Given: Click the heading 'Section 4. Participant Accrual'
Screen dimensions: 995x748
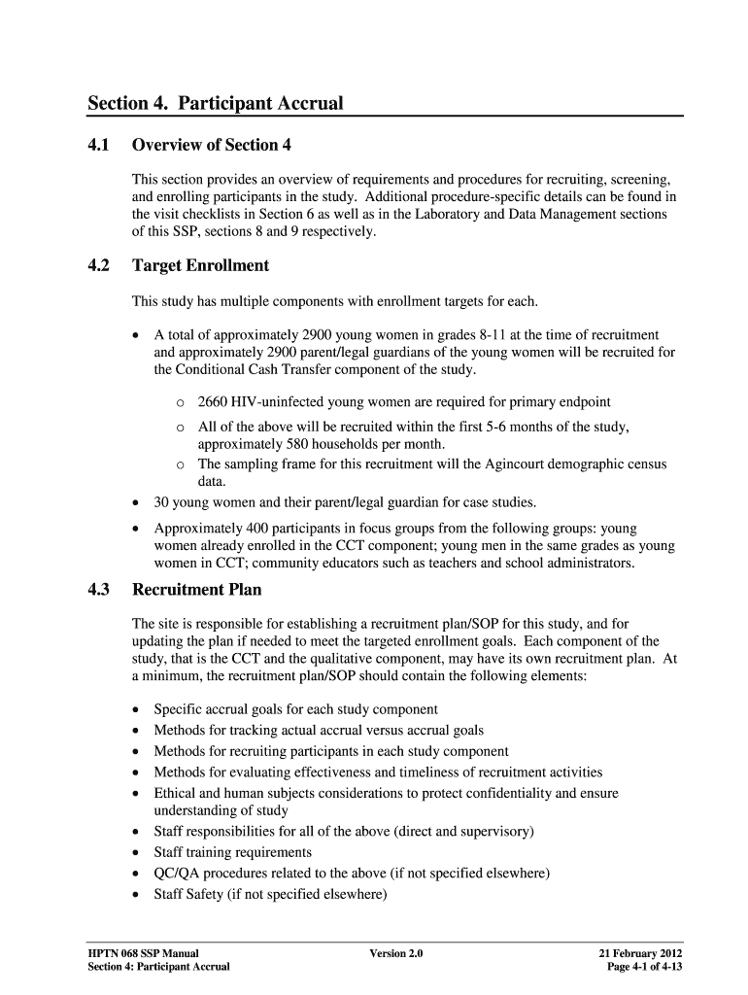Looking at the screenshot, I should click(x=216, y=102).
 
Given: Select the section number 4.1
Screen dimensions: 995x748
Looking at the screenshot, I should click(x=99, y=146).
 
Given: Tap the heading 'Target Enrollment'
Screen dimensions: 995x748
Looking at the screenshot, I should click(x=200, y=265).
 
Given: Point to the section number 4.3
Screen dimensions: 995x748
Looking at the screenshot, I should click(x=99, y=590).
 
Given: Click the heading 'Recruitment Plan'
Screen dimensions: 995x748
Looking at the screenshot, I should click(x=196, y=590).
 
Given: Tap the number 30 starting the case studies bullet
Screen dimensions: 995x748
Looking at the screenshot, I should click(x=162, y=502).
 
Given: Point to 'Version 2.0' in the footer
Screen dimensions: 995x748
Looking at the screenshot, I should click(x=396, y=953).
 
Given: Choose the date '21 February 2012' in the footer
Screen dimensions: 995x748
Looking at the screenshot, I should click(x=640, y=953).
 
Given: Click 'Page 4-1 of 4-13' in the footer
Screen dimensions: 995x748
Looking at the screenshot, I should click(x=647, y=968).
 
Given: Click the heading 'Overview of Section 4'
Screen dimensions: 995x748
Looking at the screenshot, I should click(x=212, y=146).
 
